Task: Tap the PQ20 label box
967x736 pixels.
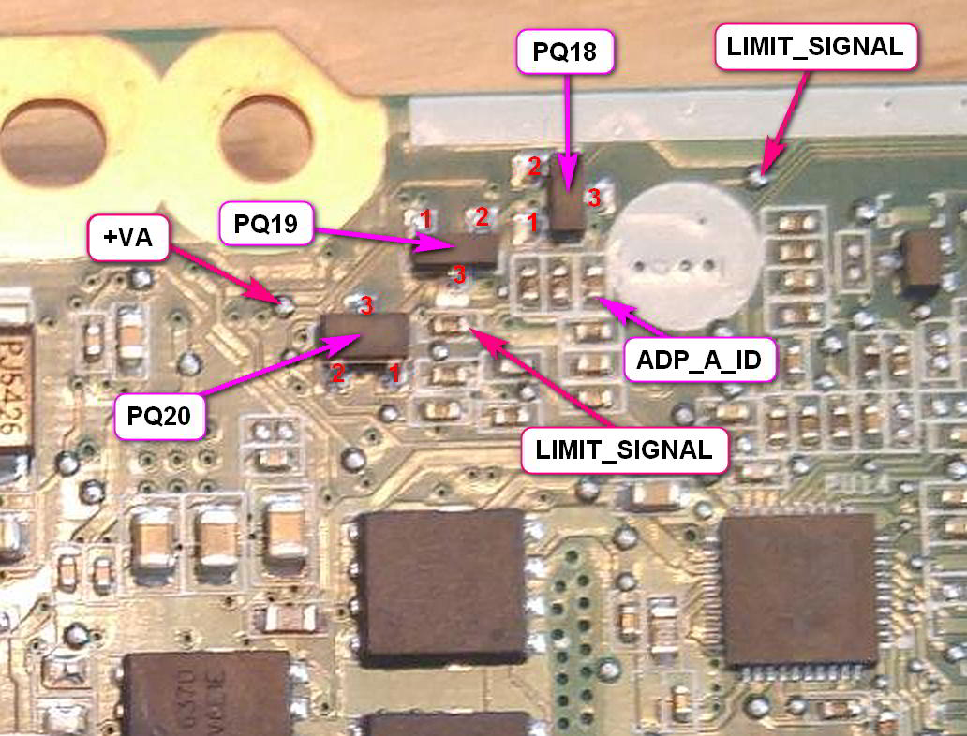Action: point(159,417)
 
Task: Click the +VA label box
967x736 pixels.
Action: point(126,238)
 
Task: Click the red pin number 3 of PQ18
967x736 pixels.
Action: point(592,198)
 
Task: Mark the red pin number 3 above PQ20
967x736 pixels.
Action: point(367,305)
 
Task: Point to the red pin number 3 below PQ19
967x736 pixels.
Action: point(458,274)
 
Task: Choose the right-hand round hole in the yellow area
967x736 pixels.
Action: point(266,139)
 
